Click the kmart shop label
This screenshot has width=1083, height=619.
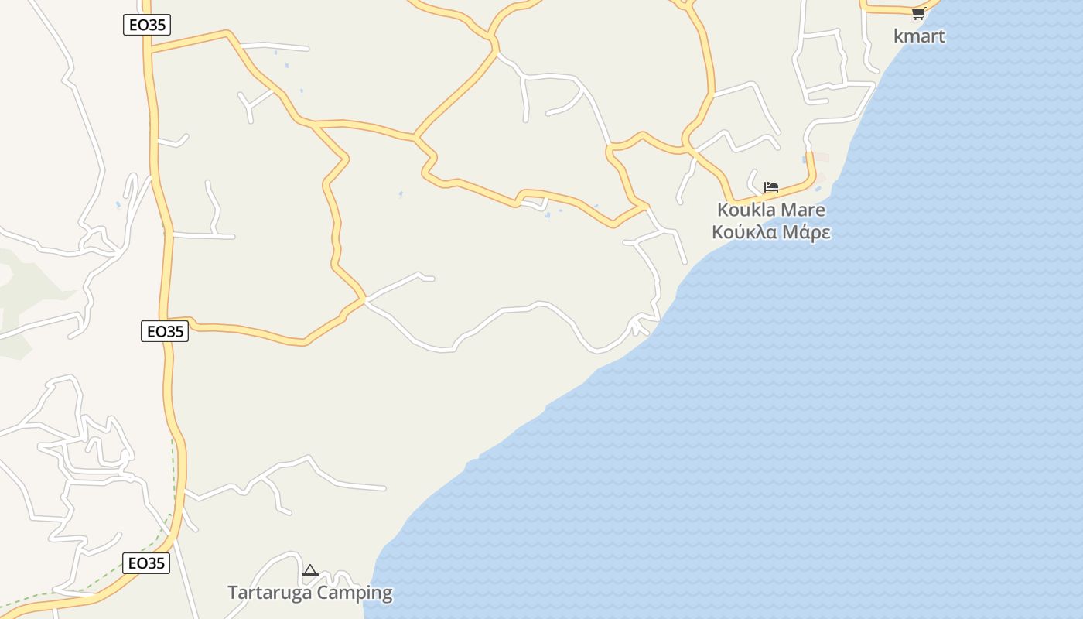pyautogui.click(x=919, y=36)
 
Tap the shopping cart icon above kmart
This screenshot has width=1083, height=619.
pyautogui.click(x=918, y=14)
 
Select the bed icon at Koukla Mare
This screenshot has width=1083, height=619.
pyautogui.click(x=770, y=187)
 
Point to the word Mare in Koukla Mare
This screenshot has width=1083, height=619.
pyautogui.click(x=803, y=210)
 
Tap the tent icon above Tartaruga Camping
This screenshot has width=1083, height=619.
pyautogui.click(x=310, y=571)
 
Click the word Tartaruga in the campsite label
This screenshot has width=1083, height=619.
pyautogui.click(x=271, y=593)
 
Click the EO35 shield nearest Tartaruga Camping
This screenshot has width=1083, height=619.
pyautogui.click(x=146, y=563)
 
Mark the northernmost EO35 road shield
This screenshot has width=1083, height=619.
pyautogui.click(x=146, y=25)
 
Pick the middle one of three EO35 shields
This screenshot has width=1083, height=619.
pyautogui.click(x=165, y=331)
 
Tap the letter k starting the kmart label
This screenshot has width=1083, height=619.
pyautogui.click(x=898, y=36)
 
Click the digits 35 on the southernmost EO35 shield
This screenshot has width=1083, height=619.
pyautogui.click(x=155, y=563)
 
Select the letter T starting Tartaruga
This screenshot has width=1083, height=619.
pyautogui.click(x=232, y=593)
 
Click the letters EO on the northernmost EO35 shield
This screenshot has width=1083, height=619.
pyautogui.click(x=138, y=25)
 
